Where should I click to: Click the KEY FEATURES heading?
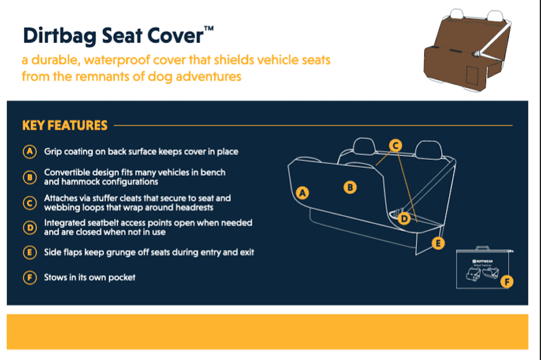point(65,125)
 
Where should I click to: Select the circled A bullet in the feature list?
point(30,151)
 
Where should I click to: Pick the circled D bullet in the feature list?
point(30,228)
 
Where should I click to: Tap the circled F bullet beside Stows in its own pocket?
point(30,278)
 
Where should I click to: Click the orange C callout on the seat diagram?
point(395,146)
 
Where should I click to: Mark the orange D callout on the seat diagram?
point(404,219)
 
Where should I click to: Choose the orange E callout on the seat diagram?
point(438,243)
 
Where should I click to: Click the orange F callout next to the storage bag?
point(507,282)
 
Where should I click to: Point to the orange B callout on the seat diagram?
point(350,187)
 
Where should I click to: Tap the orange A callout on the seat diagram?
point(303,193)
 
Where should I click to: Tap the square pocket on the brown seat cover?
point(472,75)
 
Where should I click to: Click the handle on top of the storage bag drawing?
point(482,248)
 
